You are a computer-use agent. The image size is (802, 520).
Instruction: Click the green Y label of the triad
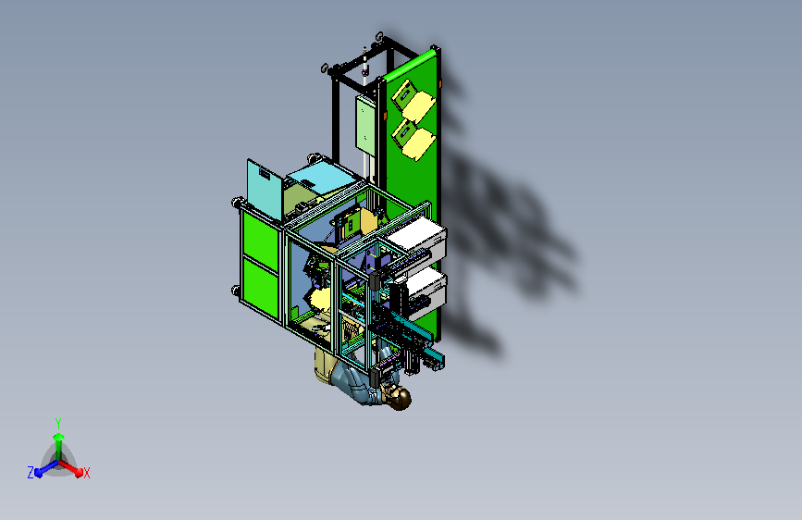(x=58, y=423)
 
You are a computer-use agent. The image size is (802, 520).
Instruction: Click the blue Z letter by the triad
(x=31, y=473)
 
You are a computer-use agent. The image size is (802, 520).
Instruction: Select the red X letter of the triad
(x=86, y=473)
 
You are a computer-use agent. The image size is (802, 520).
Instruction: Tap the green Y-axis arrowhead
(x=59, y=437)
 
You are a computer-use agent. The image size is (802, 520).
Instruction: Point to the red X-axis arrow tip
(x=79, y=473)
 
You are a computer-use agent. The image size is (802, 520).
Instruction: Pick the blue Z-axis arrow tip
(x=38, y=473)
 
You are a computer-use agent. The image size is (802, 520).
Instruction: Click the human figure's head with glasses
(x=399, y=397)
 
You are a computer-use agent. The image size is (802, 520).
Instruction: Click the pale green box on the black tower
(x=365, y=124)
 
